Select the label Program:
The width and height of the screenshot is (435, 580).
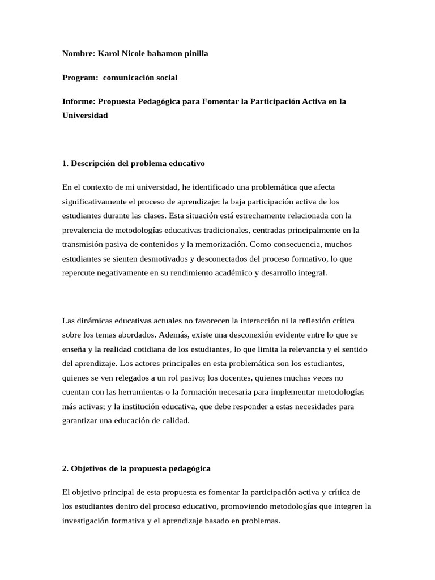click(80, 77)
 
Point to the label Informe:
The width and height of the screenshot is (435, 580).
click(78, 101)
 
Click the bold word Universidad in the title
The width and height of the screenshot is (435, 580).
click(85, 115)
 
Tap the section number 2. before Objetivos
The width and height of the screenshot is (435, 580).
click(65, 468)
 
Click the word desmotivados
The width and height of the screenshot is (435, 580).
click(159, 258)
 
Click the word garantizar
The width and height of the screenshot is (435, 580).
click(80, 420)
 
